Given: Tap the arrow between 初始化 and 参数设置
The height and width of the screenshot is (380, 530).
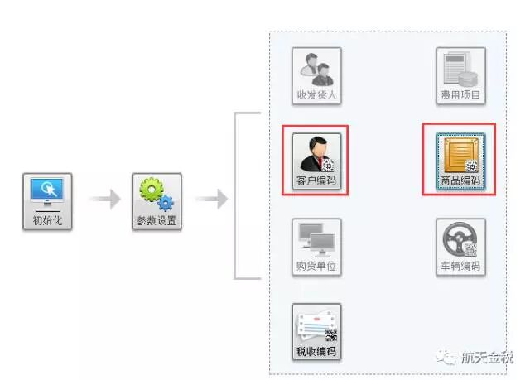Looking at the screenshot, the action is click(x=104, y=200).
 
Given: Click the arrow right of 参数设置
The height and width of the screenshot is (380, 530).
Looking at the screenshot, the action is click(x=211, y=200).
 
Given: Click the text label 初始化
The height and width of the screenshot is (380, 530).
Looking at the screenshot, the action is click(x=48, y=221).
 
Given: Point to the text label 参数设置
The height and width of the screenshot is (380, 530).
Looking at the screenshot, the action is click(x=157, y=221).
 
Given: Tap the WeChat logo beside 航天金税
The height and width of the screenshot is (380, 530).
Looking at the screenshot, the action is click(x=448, y=357).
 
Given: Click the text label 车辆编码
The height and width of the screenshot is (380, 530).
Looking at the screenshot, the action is click(x=460, y=267).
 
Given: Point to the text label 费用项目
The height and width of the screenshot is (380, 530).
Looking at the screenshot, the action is click(x=460, y=95).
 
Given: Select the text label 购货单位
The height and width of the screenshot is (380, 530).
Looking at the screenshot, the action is click(x=316, y=267).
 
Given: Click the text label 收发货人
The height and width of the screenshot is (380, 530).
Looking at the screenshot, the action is click(x=316, y=95).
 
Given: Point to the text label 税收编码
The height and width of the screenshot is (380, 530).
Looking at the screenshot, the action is click(x=316, y=353).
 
